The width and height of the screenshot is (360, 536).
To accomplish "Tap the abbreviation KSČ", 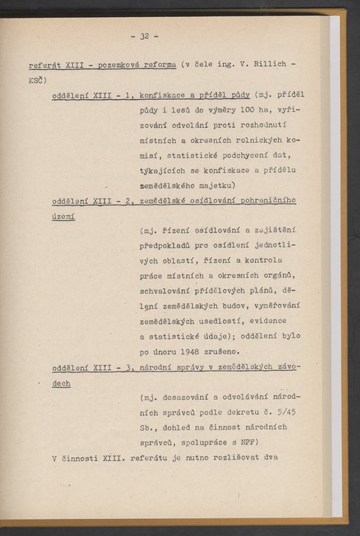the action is (37, 79).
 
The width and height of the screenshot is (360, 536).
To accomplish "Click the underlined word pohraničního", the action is (264, 201).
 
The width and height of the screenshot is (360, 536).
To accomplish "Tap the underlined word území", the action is (64, 217).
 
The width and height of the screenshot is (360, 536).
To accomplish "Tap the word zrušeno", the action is (220, 351).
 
